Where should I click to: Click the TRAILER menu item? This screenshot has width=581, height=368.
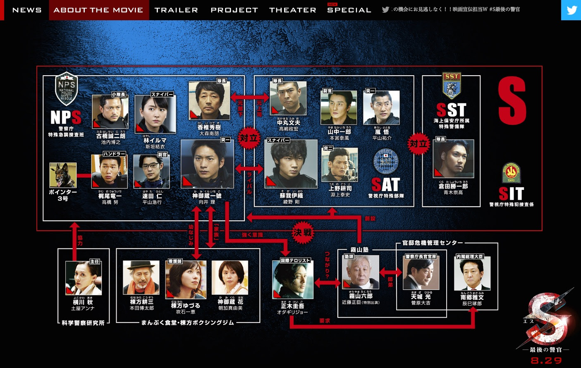tap(176, 10)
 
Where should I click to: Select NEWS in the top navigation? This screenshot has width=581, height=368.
tap(27, 10)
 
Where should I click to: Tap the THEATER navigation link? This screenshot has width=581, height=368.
tap(292, 10)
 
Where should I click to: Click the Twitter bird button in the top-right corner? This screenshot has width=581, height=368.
tap(571, 10)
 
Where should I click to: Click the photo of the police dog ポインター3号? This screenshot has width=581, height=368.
tap(63, 175)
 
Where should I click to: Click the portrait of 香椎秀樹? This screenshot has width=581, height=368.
tap(209, 100)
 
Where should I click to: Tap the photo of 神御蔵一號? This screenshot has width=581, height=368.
tap(207, 164)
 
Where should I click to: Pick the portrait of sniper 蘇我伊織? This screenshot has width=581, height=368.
tap(291, 164)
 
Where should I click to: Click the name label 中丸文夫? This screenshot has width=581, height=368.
tap(289, 123)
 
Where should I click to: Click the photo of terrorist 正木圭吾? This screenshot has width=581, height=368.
tap(293, 280)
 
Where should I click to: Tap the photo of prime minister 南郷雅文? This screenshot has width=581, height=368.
tap(472, 273)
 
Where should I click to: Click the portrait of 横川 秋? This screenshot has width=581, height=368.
tap(83, 278)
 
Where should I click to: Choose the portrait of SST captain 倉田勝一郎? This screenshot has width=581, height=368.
tap(453, 159)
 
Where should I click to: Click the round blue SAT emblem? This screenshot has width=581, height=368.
tap(385, 162)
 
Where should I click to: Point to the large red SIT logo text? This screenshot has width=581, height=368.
tap(511, 194)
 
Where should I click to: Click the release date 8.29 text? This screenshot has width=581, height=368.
tap(546, 361)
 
